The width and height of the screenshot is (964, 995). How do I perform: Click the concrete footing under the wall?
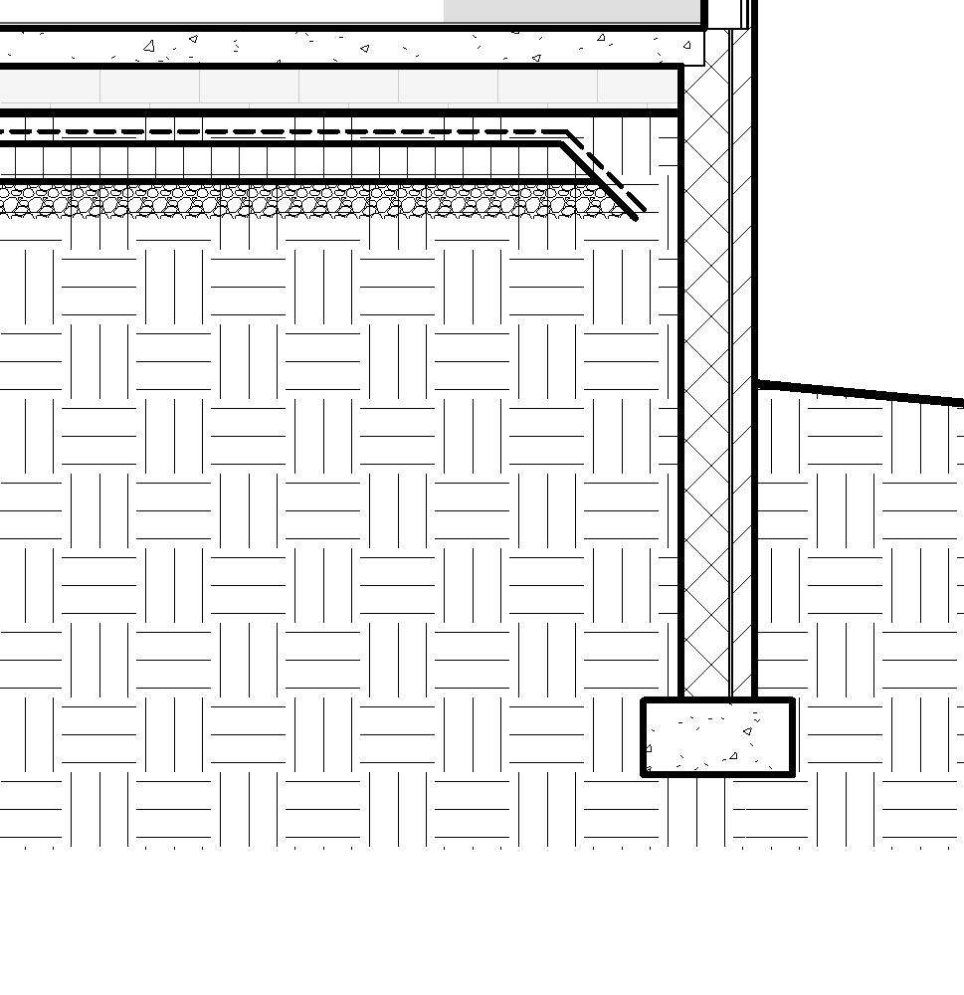[717, 737]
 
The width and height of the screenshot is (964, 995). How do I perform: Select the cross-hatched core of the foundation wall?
[707, 398]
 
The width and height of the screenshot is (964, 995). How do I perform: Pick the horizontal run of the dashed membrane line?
[298, 131]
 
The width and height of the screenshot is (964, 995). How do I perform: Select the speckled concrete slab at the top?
[348, 46]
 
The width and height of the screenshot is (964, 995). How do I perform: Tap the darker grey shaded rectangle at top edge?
[572, 10]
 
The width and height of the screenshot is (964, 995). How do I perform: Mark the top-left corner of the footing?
[644, 701]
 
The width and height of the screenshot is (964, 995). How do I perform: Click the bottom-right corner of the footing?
[793, 773]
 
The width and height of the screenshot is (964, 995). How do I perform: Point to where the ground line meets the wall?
[756, 382]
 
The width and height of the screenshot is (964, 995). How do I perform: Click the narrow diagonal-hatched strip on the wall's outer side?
[742, 398]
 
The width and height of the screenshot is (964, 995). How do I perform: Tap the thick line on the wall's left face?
[682, 398]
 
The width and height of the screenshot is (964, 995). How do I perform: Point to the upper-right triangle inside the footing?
[747, 732]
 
